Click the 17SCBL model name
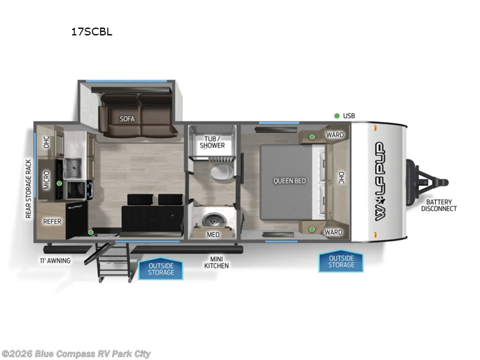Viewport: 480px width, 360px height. click(91, 32)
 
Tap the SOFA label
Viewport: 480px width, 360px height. click(127, 119)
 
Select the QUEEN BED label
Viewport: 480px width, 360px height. click(289, 181)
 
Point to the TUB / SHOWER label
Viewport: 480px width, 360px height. click(212, 142)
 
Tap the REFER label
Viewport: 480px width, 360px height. click(52, 221)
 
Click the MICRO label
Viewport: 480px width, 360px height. click(47, 181)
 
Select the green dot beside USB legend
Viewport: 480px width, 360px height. click(337, 115)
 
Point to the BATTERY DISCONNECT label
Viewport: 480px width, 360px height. click(439, 205)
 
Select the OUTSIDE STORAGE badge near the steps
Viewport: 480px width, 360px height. click(161, 268)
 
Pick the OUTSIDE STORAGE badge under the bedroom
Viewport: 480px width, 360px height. click(341, 261)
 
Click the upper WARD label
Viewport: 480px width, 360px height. click(334, 135)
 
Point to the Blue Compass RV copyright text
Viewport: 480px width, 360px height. click(76, 353)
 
